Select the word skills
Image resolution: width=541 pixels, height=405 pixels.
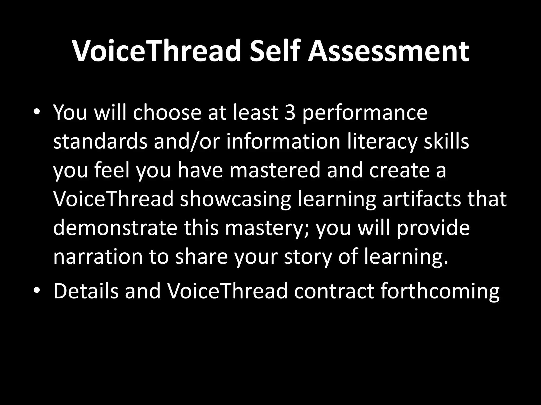point(446,141)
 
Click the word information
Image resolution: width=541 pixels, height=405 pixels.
point(283,141)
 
